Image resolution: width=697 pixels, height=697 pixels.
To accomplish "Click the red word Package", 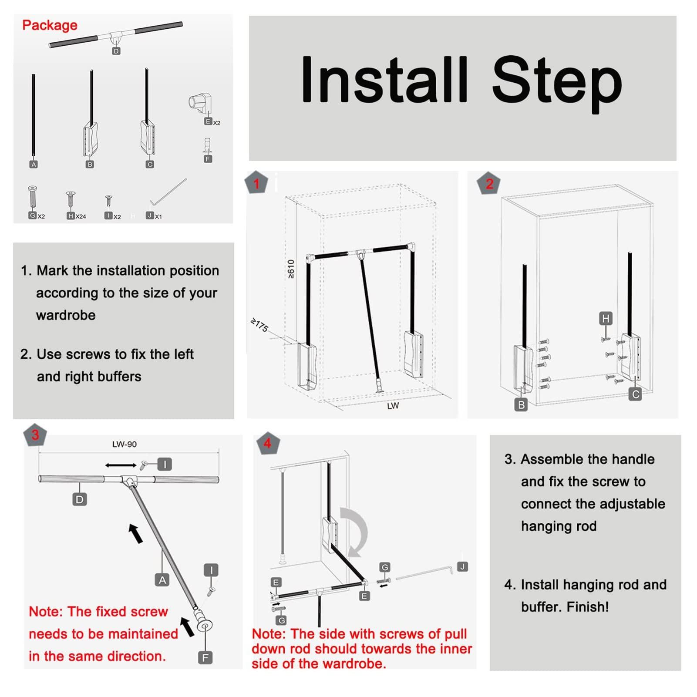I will tap(50, 25).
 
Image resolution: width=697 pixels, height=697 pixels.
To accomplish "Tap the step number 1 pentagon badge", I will tap(256, 183).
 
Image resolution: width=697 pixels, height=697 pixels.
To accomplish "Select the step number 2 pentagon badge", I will tap(489, 183).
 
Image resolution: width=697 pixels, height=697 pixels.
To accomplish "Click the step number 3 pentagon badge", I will tap(35, 434).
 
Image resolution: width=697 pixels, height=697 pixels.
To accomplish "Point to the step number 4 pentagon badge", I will tap(267, 443).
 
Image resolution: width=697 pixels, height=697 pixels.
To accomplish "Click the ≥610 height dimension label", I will tap(291, 269).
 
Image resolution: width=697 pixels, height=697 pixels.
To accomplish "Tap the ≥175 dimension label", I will tap(259, 325).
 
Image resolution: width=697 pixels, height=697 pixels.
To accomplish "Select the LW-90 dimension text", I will tap(124, 444).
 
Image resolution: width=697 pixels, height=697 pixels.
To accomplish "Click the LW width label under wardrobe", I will tap(393, 405).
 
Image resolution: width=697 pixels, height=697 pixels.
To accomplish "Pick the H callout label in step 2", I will tap(606, 319).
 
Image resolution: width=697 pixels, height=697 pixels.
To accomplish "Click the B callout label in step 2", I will tap(521, 405).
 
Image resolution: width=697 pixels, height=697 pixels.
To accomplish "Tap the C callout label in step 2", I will tap(636, 394).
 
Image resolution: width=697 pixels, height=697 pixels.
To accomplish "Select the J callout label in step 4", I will tap(462, 566).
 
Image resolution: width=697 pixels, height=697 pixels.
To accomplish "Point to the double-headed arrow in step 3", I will tap(121, 465).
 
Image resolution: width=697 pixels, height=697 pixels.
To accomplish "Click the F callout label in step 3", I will tap(205, 657).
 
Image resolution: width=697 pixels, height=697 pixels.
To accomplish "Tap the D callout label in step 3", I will tap(79, 499).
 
